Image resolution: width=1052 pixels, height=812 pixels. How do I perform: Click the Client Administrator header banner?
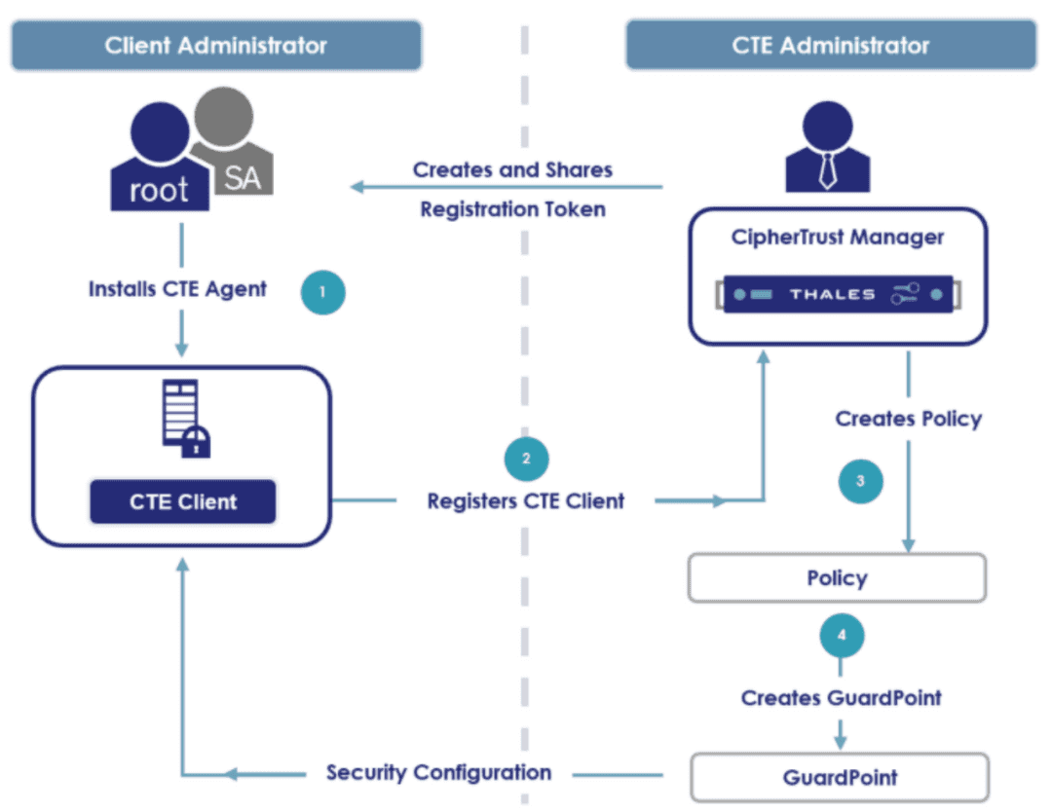(x=215, y=45)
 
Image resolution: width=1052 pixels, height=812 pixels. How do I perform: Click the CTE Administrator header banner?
(x=830, y=45)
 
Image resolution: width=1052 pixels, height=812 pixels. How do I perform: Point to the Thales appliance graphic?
(x=837, y=294)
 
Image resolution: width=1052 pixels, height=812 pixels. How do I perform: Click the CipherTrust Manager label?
(x=838, y=237)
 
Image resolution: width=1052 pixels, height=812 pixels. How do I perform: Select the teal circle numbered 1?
(x=323, y=291)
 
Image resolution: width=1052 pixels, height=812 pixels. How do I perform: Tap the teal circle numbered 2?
(x=527, y=459)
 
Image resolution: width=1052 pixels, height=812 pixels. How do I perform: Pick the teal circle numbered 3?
(x=860, y=480)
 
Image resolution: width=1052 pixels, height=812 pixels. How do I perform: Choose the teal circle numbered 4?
(x=842, y=636)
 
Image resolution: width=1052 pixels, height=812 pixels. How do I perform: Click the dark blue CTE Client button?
(x=183, y=502)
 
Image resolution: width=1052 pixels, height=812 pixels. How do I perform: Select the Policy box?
(x=837, y=578)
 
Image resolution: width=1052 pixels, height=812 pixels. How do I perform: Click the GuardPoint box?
(x=840, y=777)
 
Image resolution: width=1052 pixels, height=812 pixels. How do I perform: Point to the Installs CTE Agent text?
(x=177, y=289)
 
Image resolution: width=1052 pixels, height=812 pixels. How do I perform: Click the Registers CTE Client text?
(x=526, y=501)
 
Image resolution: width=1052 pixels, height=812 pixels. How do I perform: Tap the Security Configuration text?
(x=438, y=773)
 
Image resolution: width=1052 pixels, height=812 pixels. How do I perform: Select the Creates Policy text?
(x=908, y=419)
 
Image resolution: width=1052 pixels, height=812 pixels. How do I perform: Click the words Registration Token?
(x=512, y=209)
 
